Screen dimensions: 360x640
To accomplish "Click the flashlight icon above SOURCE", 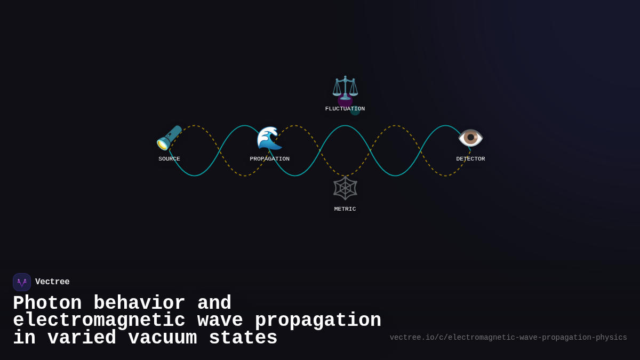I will point(169,138).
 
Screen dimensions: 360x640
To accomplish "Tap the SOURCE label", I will point(169,159).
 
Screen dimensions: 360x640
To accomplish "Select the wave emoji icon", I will point(269,138).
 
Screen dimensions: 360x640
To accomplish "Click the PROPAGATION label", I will point(269,159).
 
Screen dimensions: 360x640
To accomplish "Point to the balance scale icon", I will point(345,88).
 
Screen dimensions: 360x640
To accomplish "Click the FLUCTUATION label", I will point(345,109).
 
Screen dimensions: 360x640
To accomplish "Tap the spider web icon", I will point(345,188).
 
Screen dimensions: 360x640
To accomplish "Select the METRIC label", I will point(345,209).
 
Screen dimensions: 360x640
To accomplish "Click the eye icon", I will point(470,138).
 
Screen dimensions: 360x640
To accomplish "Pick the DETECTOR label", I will point(470,159).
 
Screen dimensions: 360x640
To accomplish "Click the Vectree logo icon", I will point(22,282).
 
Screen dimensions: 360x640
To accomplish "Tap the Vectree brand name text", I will point(52,282).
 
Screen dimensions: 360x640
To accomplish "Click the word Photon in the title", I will point(47,303).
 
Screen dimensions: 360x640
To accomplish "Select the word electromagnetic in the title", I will point(99,321).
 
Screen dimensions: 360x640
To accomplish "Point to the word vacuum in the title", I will point(163,338).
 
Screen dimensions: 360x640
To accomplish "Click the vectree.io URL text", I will point(508,338).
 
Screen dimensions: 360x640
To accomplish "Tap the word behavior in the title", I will point(139,303).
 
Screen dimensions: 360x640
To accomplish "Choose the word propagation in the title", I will point(318,321).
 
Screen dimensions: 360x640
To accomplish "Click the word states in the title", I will point(243,338).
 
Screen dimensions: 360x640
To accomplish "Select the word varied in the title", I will point(82,338).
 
